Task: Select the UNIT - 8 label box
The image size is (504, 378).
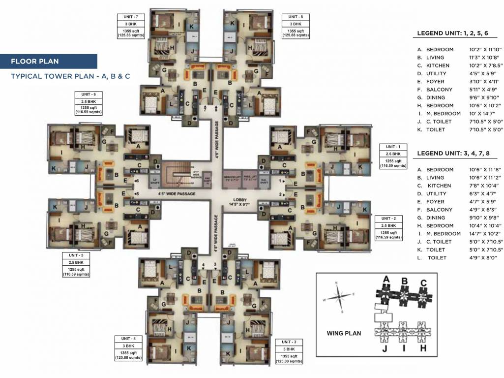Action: [x=296, y=26]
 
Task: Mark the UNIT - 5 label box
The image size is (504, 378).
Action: [x=76, y=265]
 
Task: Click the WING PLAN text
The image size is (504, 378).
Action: [x=344, y=333]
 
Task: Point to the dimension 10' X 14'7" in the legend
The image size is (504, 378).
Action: [x=484, y=114]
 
